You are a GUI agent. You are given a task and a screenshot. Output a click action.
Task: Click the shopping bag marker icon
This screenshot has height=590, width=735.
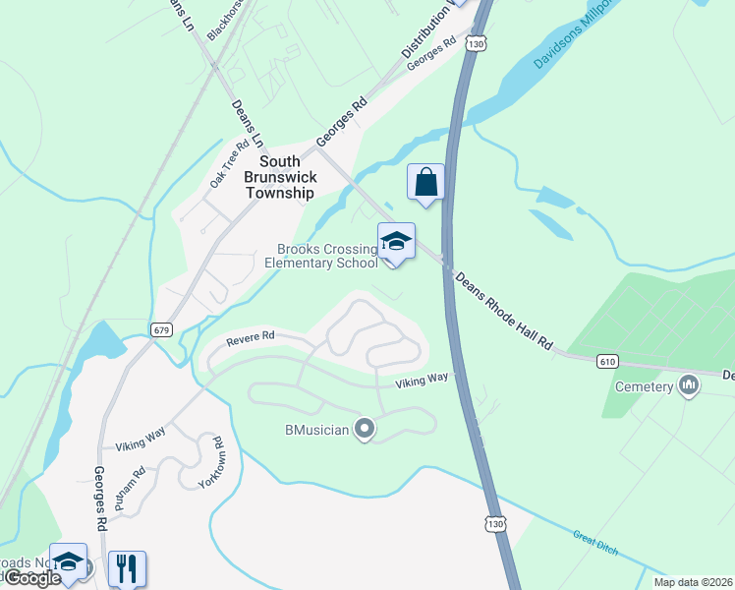[425, 182]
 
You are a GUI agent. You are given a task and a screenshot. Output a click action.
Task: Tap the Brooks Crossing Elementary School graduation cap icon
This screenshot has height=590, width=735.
[396, 242]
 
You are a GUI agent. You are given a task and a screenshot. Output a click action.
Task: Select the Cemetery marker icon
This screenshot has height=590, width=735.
[688, 385]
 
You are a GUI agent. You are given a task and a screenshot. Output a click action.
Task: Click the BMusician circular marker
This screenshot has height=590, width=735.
[365, 429]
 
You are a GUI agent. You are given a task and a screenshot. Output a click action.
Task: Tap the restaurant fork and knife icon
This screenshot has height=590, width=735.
[128, 568]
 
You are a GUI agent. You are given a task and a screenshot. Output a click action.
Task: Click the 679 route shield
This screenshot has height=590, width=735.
[162, 330]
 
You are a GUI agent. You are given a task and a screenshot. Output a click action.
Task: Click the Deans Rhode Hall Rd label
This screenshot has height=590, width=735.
[504, 308]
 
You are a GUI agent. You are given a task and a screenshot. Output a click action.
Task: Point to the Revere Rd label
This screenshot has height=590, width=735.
[250, 339]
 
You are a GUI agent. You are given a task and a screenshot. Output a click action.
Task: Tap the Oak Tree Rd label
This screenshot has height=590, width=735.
[229, 164]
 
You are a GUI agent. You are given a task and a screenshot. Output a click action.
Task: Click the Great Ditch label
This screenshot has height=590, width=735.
[596, 542]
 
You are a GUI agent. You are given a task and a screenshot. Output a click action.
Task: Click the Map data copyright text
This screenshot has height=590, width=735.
[694, 582]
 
